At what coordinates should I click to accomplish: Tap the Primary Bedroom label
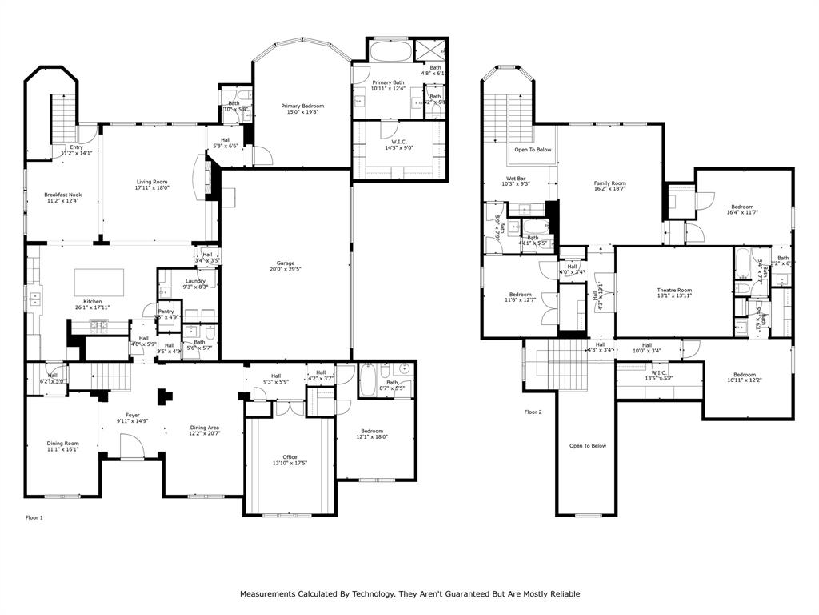(302, 109)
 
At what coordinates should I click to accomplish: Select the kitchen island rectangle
(99, 282)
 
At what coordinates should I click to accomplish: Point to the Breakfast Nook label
(62, 197)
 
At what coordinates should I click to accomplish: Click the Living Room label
(151, 185)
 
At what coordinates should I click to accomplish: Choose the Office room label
(290, 460)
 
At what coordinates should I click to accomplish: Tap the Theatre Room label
(674, 293)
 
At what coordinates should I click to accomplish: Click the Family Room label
(609, 186)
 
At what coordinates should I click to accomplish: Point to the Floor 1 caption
(34, 518)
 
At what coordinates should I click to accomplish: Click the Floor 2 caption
(533, 412)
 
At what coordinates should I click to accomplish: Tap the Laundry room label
(195, 283)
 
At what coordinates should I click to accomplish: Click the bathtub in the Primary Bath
(391, 54)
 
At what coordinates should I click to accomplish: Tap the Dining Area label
(204, 430)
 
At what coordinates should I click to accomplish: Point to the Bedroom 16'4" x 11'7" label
(740, 210)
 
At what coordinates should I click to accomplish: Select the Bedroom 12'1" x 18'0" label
(371, 434)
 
